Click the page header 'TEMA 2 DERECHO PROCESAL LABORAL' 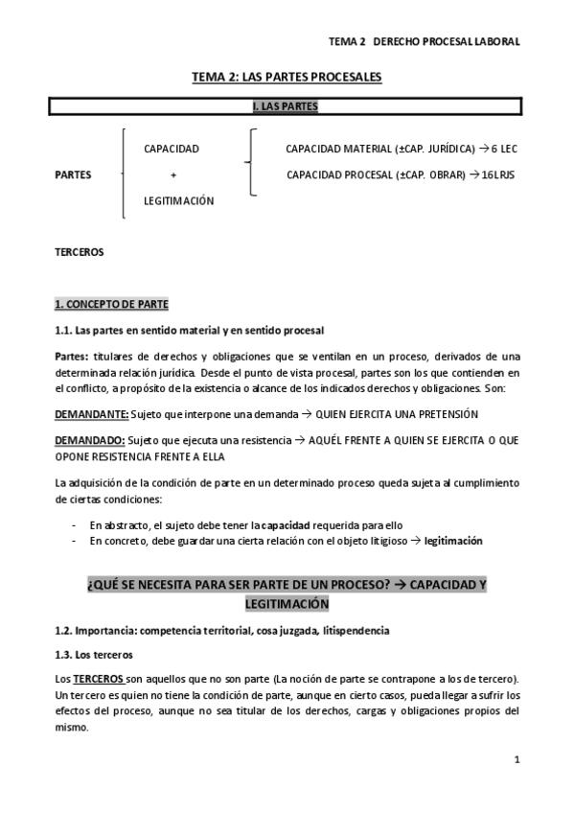coord(425,42)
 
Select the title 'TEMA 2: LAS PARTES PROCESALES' coord(287,78)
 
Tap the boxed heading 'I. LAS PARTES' coord(286,105)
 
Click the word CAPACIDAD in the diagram coord(171,149)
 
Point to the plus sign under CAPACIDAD coord(173,175)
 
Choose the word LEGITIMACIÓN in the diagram coord(179,201)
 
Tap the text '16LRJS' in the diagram coord(498,175)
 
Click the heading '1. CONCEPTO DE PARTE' coord(111,305)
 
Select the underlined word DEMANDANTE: coord(90,413)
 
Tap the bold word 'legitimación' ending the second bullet coord(453,541)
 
